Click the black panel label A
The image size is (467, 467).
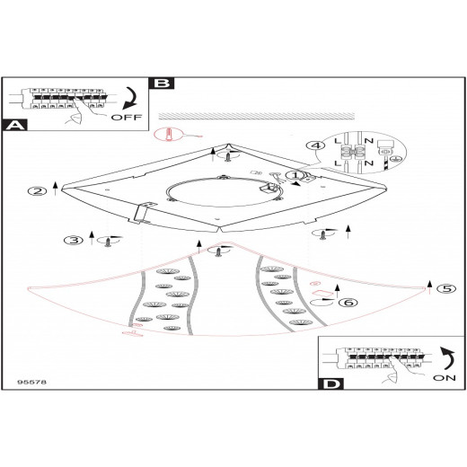14,125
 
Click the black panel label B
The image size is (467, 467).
162,83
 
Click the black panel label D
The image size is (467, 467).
330,383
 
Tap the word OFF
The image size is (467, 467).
127,117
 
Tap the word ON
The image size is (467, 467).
445,378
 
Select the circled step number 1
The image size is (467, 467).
295,175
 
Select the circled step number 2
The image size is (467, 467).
37,191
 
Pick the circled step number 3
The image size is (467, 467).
74,240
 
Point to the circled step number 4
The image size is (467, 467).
315,145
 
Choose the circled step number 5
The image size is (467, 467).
446,288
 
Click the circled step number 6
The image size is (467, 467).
348,303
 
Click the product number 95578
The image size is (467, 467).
32,382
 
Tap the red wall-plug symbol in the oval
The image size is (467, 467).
170,135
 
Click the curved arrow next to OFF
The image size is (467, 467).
129,98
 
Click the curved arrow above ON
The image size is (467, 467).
447,358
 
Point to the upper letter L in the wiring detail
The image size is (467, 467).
338,141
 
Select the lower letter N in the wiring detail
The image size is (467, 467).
369,163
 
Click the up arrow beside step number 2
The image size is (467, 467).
55,189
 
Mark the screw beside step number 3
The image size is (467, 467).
107,242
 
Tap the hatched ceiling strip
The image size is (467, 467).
257,117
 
